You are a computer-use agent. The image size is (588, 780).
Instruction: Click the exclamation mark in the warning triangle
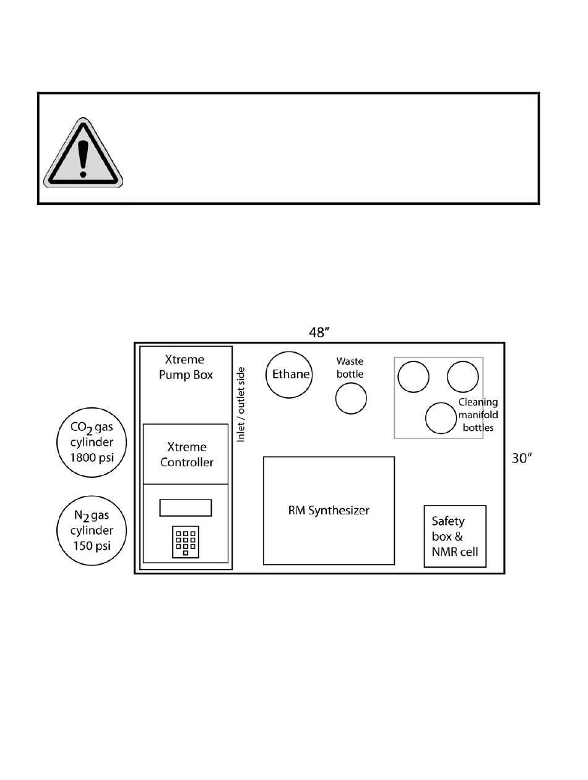point(83,158)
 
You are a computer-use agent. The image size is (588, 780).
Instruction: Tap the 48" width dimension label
point(319,332)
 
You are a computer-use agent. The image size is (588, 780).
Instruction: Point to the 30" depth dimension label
point(522,459)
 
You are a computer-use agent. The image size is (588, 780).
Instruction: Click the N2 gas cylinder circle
point(92,496)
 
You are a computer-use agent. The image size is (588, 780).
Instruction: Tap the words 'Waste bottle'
point(350,368)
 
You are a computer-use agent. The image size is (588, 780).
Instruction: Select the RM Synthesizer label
point(329,510)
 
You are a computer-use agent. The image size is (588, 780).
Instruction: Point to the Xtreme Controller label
point(186,454)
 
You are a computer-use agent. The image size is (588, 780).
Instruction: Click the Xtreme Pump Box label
point(186,367)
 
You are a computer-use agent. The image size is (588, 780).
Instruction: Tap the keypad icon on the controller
point(186,542)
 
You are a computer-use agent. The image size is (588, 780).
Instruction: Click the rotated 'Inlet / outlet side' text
point(241,405)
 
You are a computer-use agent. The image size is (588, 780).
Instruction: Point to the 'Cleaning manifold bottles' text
point(478,415)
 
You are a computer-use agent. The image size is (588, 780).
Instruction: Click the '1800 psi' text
point(92,457)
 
